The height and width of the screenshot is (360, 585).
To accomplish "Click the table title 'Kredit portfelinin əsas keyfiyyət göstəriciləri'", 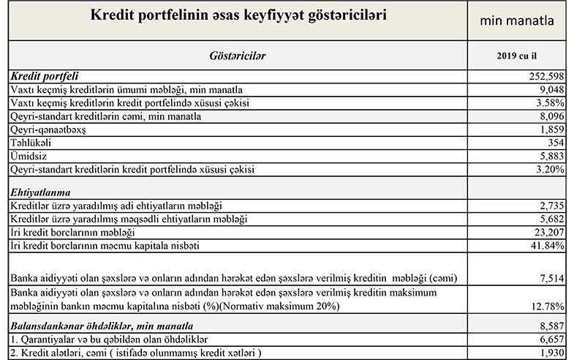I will coord(238,16).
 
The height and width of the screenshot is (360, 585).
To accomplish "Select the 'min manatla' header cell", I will coord(521,21).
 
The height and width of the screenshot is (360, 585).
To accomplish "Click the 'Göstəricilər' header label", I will coord(238,56).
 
